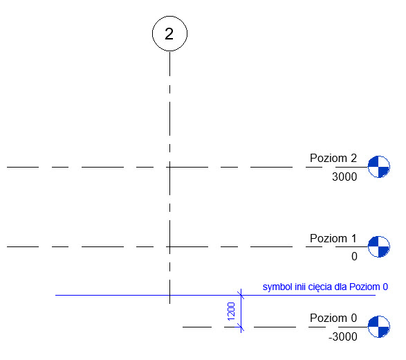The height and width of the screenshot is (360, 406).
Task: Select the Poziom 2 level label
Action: (333, 158)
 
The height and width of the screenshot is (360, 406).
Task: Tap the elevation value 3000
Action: (344, 177)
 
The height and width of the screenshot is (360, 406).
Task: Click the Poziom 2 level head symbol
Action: (379, 167)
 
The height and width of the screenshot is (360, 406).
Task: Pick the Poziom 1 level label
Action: (333, 238)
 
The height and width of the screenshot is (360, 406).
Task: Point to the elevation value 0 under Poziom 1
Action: (354, 256)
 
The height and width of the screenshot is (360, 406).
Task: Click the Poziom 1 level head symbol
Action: (379, 246)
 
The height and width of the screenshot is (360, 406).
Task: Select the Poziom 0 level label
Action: (333, 318)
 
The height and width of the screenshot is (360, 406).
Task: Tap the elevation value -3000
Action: (343, 336)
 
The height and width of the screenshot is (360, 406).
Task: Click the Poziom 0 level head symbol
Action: (379, 327)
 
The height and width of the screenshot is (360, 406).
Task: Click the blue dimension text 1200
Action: (231, 312)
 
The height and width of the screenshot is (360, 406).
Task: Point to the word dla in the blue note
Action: (340, 287)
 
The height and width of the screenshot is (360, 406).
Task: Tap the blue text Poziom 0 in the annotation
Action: (369, 287)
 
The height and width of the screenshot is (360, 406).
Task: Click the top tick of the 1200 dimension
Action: (241, 295)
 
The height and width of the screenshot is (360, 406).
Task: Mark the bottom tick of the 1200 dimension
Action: (241, 327)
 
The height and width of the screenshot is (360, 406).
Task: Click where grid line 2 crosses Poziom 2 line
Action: (170, 167)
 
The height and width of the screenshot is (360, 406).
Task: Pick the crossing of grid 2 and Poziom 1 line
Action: (170, 246)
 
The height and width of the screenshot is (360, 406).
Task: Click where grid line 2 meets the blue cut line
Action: (170, 295)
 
